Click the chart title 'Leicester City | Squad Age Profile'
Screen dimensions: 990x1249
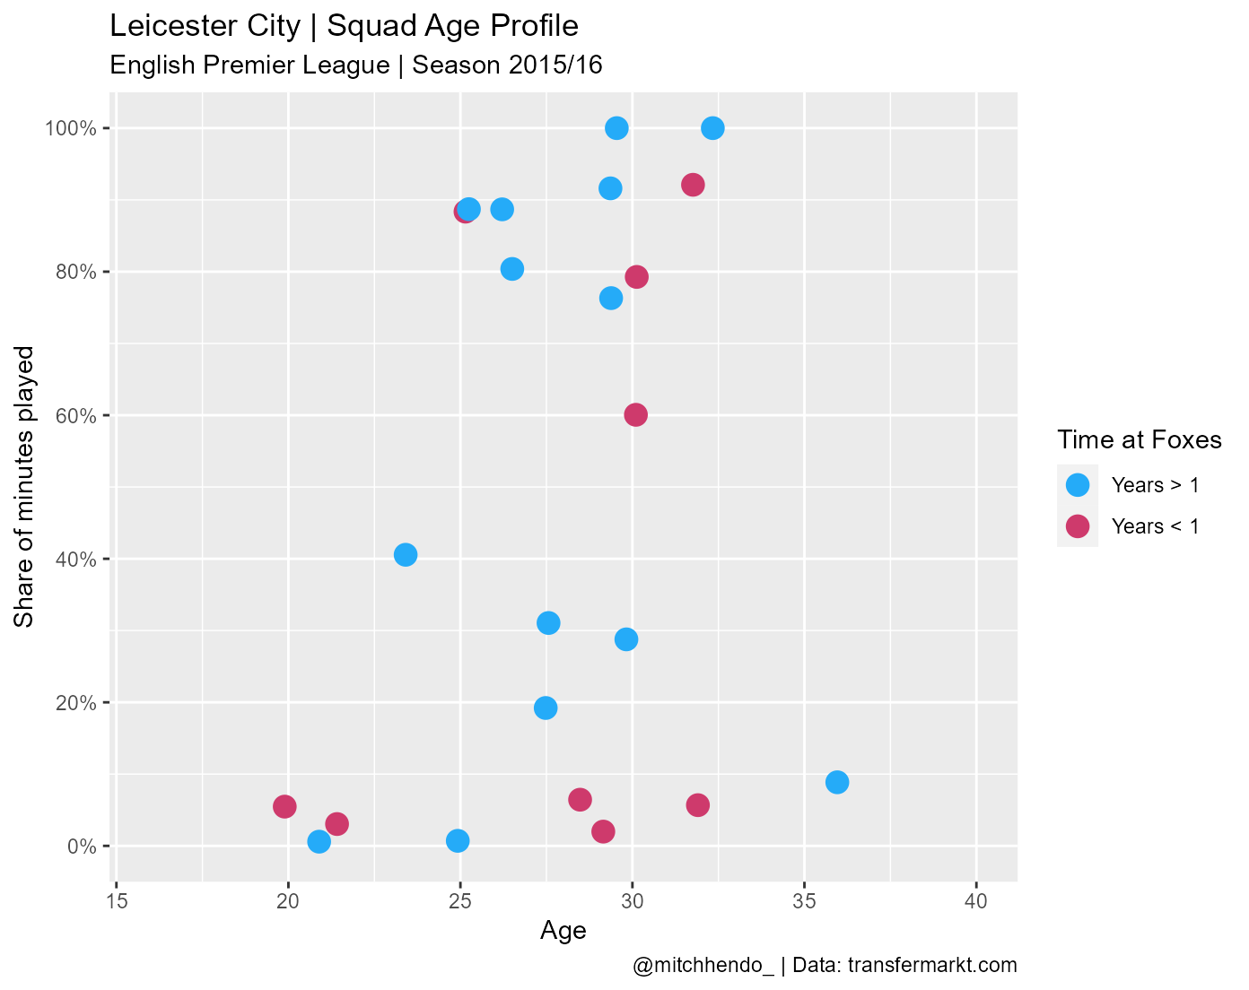[344, 27]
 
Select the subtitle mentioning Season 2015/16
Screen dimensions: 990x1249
[355, 65]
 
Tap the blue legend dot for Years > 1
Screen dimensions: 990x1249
[1077, 485]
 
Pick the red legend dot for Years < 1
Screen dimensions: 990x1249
[1077, 526]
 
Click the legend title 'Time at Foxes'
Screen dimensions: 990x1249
[1139, 440]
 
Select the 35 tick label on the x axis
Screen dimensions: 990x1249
[804, 901]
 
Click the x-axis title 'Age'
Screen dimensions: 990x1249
[563, 932]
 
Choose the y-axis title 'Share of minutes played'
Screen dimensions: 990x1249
[25, 487]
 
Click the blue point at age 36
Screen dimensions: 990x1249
[837, 782]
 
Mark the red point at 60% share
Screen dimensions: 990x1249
[635, 414]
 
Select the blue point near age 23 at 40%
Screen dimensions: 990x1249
[406, 554]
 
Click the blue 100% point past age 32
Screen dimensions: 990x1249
[712, 127]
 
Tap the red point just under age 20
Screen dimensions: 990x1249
[284, 806]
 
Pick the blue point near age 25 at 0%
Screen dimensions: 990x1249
[458, 840]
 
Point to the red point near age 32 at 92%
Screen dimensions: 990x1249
[693, 185]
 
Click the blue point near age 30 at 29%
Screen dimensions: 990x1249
[626, 639]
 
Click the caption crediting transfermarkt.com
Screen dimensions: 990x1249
[825, 966]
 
